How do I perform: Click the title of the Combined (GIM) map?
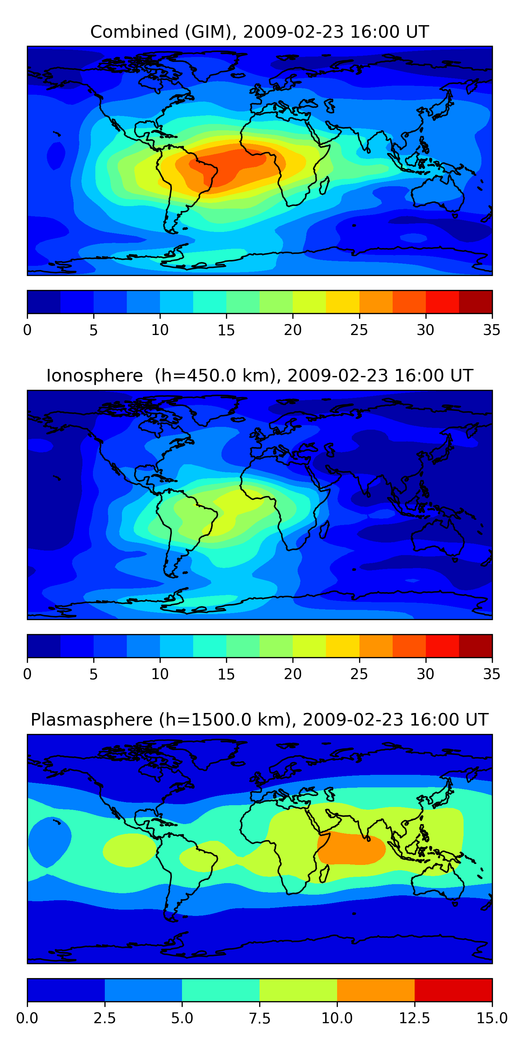tap(260, 32)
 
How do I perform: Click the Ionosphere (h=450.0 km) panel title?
tap(260, 376)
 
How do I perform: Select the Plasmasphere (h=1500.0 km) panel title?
tap(260, 720)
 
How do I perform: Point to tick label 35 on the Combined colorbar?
tap(492, 330)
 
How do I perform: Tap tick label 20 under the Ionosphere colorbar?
tap(292, 674)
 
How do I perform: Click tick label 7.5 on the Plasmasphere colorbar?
tap(260, 1018)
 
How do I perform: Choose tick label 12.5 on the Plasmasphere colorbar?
tap(414, 1018)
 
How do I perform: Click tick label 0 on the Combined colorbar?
tap(27, 330)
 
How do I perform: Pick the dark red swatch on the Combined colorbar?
tap(475, 302)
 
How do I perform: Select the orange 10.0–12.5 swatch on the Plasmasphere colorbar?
tap(376, 990)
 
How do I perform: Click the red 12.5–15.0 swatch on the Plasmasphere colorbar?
tap(453, 990)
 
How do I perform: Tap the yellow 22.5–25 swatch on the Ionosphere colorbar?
tap(343, 646)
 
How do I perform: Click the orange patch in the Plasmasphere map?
tap(352, 848)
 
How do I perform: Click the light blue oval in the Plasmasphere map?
tap(48, 842)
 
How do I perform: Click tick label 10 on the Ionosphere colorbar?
tap(160, 674)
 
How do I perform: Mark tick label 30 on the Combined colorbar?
tap(425, 330)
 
